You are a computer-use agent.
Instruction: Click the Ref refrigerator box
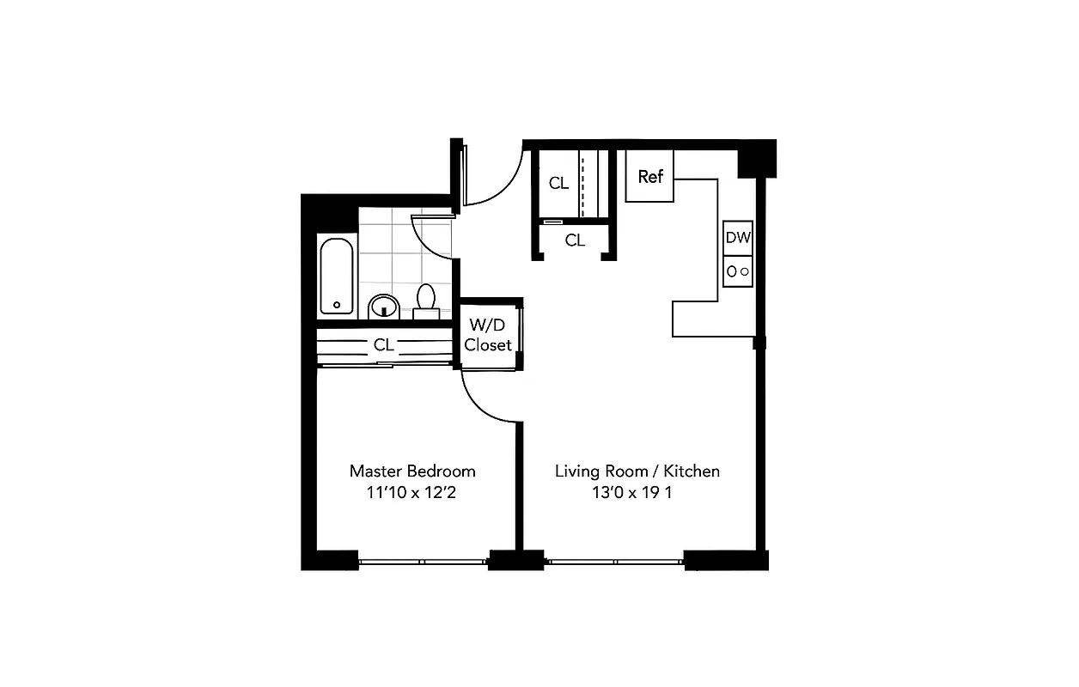pyautogui.click(x=649, y=176)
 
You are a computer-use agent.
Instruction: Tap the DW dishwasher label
pyautogui.click(x=737, y=239)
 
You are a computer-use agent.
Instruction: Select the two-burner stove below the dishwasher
pyautogui.click(x=738, y=271)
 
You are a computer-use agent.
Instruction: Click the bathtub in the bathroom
pyautogui.click(x=336, y=275)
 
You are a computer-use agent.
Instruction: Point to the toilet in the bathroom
pyautogui.click(x=425, y=301)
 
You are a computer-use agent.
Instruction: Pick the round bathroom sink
pyautogui.click(x=383, y=306)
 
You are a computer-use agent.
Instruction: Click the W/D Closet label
pyautogui.click(x=488, y=335)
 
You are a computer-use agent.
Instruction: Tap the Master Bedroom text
pyautogui.click(x=412, y=471)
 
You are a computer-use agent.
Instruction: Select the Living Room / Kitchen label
pyautogui.click(x=637, y=471)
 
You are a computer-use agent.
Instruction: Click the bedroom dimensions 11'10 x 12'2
pyautogui.click(x=412, y=493)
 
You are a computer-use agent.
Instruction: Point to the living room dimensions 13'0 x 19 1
pyautogui.click(x=637, y=493)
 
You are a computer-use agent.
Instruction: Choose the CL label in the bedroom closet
pyautogui.click(x=383, y=345)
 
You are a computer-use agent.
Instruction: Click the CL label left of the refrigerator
pyautogui.click(x=558, y=183)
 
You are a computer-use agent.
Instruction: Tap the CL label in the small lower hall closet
pyautogui.click(x=575, y=240)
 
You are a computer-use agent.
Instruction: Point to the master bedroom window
pyautogui.click(x=423, y=562)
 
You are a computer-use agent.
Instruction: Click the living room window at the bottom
pyautogui.click(x=615, y=562)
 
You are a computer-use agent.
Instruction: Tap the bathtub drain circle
pyautogui.click(x=337, y=304)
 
